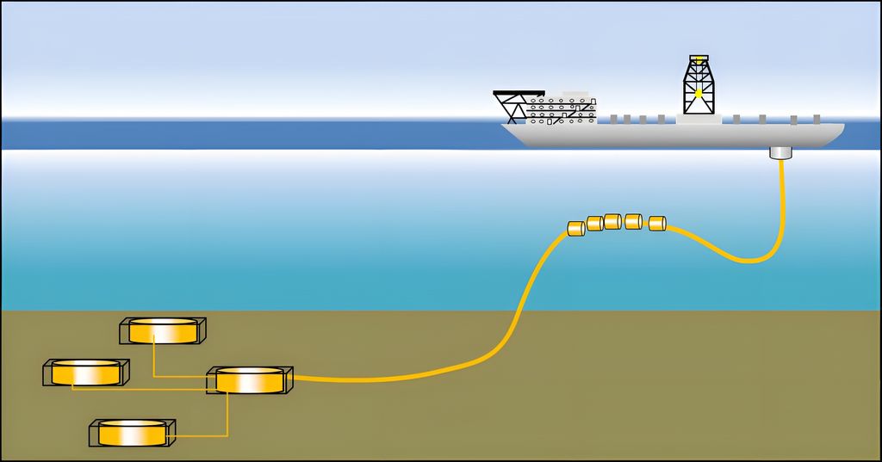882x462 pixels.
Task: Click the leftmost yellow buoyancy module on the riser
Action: point(575,228)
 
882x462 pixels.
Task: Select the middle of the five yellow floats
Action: point(612,221)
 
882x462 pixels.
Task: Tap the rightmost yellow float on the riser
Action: point(657,224)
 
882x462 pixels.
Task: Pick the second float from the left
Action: point(594,224)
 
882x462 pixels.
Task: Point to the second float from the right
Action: point(634,220)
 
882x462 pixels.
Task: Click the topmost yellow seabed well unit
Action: point(163,330)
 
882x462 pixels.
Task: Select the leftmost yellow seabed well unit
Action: point(86,373)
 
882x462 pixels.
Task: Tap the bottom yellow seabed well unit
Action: point(133,433)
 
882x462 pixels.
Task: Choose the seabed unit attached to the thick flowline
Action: point(250,380)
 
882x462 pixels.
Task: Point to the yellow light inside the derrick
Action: point(699,93)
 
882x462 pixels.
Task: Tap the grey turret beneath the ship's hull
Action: point(780,153)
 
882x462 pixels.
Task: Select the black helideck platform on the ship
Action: point(519,92)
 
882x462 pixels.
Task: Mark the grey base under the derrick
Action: point(699,119)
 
